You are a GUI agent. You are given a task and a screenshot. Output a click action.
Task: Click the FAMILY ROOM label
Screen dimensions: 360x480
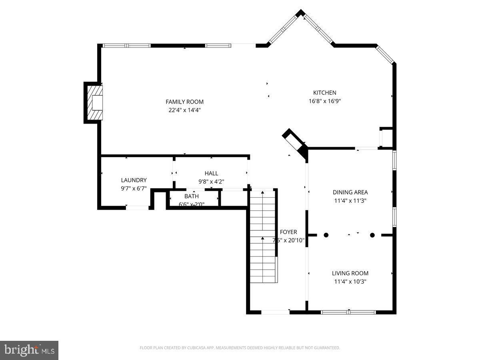click(184, 102)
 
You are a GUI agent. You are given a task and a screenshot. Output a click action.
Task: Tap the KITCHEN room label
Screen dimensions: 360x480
click(324, 92)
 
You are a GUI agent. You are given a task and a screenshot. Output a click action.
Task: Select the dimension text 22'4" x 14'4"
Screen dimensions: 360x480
click(184, 110)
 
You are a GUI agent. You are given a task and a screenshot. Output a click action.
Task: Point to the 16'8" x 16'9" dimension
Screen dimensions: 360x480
click(324, 101)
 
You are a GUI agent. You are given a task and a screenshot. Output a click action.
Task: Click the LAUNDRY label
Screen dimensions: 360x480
click(134, 180)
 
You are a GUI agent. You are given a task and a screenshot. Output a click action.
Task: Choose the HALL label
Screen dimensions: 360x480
click(211, 173)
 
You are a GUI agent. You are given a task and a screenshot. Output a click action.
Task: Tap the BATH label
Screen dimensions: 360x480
click(191, 196)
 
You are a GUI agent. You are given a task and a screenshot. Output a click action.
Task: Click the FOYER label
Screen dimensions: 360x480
click(288, 232)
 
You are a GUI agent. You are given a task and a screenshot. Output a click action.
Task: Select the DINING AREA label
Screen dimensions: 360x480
click(350, 192)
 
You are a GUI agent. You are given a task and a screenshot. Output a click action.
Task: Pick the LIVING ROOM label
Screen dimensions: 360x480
click(350, 273)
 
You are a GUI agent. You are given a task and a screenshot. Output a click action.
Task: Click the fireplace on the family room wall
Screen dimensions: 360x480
click(94, 102)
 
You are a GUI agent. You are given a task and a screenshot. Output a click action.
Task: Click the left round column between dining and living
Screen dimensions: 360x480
click(326, 235)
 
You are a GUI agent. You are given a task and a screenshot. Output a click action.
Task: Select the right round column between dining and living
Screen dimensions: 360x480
click(372, 235)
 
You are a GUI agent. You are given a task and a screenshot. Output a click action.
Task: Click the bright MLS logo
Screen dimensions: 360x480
click(29, 350)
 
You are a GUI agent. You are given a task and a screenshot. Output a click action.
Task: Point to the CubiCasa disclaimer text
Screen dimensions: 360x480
click(240, 348)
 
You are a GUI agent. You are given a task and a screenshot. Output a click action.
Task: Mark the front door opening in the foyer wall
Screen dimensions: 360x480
click(275, 312)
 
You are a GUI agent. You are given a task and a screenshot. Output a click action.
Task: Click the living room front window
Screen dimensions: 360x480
click(348, 312)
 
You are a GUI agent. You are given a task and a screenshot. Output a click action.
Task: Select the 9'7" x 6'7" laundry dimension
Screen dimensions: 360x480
click(134, 188)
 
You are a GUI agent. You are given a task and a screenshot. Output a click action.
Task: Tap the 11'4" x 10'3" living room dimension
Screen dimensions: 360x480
click(350, 282)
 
